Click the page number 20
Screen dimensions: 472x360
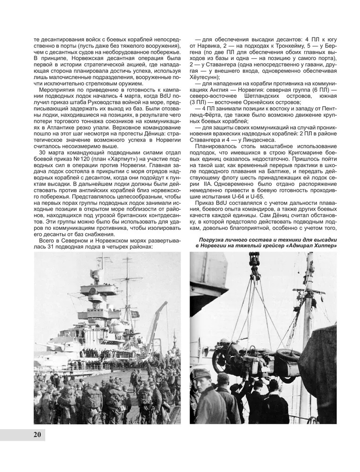coord(38,435)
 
